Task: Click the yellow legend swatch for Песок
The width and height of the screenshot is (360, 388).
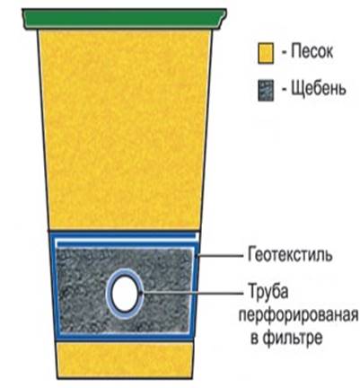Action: pyautogui.click(x=266, y=53)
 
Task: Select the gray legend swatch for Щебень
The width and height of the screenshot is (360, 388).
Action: pyautogui.click(x=266, y=90)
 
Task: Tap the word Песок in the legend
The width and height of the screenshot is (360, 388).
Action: pyautogui.click(x=312, y=51)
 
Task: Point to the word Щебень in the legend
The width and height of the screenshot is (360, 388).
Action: pyautogui.click(x=319, y=89)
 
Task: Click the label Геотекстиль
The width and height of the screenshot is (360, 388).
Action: pyautogui.click(x=290, y=255)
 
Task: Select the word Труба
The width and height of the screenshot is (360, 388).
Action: pyautogui.click(x=268, y=291)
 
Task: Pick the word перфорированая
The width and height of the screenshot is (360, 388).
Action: pyautogui.click(x=298, y=315)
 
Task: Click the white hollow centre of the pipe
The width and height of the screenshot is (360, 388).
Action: pyautogui.click(x=124, y=294)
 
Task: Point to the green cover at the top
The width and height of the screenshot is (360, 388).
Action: pyautogui.click(x=124, y=19)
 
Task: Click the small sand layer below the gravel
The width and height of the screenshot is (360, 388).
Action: pyautogui.click(x=125, y=359)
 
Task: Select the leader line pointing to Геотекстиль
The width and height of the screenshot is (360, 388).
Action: pyautogui.click(x=219, y=256)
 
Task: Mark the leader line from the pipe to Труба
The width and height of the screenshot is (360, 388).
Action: pyautogui.click(x=193, y=293)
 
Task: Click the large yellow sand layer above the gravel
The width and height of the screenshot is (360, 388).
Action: pyautogui.click(x=125, y=129)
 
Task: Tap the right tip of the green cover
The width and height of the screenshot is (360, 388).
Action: pyautogui.click(x=226, y=10)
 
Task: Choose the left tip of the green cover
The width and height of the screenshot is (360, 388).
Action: pyautogui.click(x=22, y=11)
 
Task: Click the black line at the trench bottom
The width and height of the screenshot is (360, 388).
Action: pyautogui.click(x=125, y=378)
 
